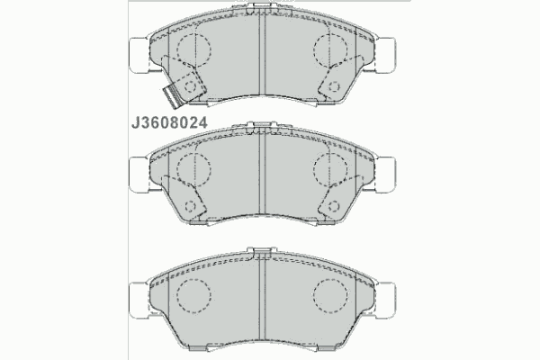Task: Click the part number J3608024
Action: (x=169, y=122)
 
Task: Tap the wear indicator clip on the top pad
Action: (x=173, y=95)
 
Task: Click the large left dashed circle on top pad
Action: (x=193, y=49)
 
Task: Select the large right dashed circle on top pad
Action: (x=330, y=49)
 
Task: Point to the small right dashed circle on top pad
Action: (x=334, y=86)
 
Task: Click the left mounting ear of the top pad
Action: (x=139, y=55)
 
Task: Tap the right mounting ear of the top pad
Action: (x=385, y=55)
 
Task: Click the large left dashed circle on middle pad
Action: (x=193, y=169)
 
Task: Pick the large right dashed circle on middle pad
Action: (x=330, y=169)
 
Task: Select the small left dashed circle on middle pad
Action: (x=190, y=206)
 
